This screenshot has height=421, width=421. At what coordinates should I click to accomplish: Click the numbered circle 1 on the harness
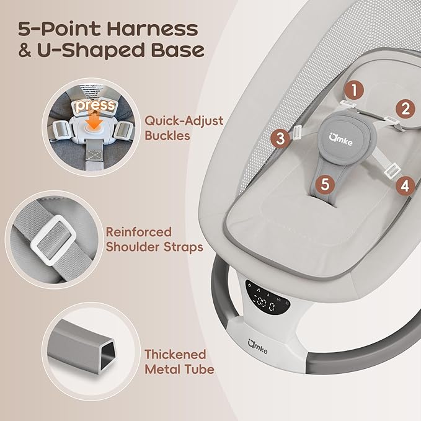coord(355,90)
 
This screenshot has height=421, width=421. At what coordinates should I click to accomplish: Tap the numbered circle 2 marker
coord(405,109)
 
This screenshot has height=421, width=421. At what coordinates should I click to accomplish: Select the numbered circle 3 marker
coord(280,139)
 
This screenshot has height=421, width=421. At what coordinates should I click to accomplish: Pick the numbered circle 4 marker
coord(405,186)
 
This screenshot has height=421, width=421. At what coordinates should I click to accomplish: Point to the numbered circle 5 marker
coord(325,184)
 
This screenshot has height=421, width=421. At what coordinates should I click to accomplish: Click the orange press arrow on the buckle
coord(95,121)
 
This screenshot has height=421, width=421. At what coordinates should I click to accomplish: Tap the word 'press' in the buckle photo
coord(95,105)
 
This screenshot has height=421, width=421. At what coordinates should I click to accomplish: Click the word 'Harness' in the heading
coord(153,29)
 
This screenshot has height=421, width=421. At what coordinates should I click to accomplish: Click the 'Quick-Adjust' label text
coord(184,121)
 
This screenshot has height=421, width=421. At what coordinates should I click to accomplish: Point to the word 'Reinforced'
coord(139,233)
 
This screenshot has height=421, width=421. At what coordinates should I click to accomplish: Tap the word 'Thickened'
coord(175,355)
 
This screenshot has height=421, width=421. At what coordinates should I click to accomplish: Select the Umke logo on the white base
coord(257,347)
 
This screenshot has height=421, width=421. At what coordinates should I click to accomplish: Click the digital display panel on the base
coord(268,298)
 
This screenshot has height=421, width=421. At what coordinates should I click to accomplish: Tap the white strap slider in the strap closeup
coord(53,240)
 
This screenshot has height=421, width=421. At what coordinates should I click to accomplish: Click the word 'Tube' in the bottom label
coord(200,370)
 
